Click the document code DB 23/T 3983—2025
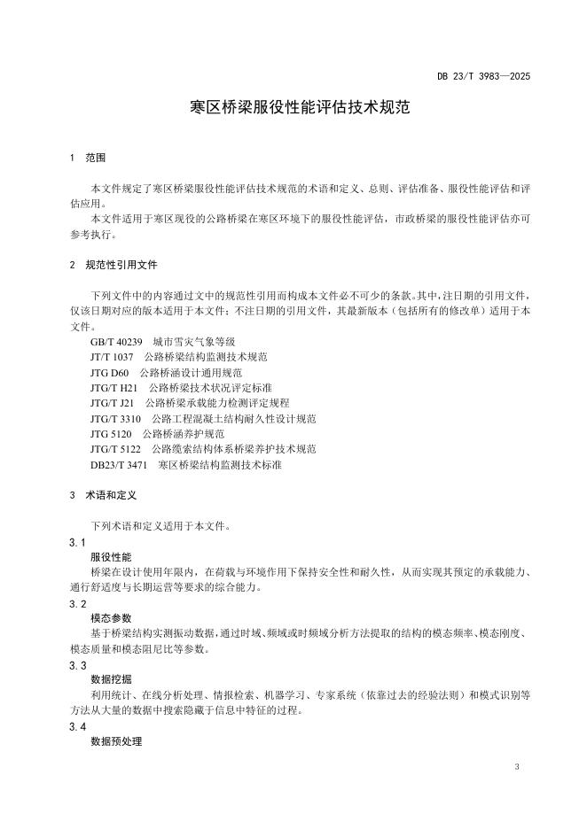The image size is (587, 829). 483,77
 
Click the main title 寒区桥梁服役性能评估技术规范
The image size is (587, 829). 293,110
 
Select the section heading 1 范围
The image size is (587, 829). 87,158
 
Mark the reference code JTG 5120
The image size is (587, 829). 111,434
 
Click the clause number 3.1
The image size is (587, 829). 77,542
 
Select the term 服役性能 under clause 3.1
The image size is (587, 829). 110,557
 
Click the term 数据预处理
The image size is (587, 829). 115,741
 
